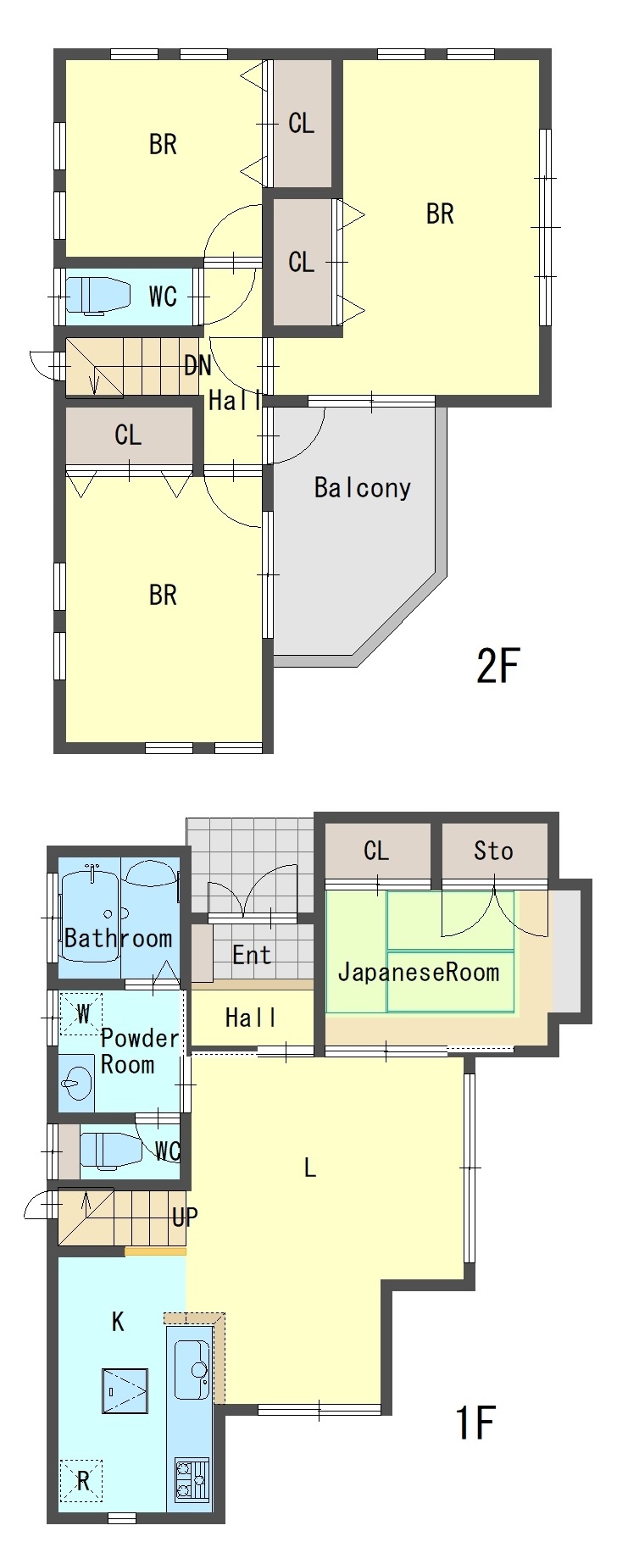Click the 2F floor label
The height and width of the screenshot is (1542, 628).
[497, 665]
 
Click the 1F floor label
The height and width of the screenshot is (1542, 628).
[475, 1423]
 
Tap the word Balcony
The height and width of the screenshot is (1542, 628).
[362, 487]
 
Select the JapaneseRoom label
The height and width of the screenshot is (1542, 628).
[419, 972]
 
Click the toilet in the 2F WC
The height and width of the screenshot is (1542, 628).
[97, 295]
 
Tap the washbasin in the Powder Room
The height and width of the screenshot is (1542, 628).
[76, 1083]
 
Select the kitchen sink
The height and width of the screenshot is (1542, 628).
[192, 1370]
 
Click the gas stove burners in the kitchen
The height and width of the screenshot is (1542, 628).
[192, 1479]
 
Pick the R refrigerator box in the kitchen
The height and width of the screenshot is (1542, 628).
[81, 1480]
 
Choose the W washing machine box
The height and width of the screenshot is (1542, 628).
[81, 1014]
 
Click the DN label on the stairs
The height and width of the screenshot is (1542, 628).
[197, 365]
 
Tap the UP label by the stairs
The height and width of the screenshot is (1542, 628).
[185, 1218]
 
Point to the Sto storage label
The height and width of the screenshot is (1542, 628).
[493, 851]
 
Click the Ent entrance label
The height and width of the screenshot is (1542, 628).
[252, 955]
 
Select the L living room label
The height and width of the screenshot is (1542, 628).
[310, 1168]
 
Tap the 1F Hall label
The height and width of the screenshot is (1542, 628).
[250, 1018]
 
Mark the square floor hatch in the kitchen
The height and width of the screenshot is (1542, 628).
[125, 1391]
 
